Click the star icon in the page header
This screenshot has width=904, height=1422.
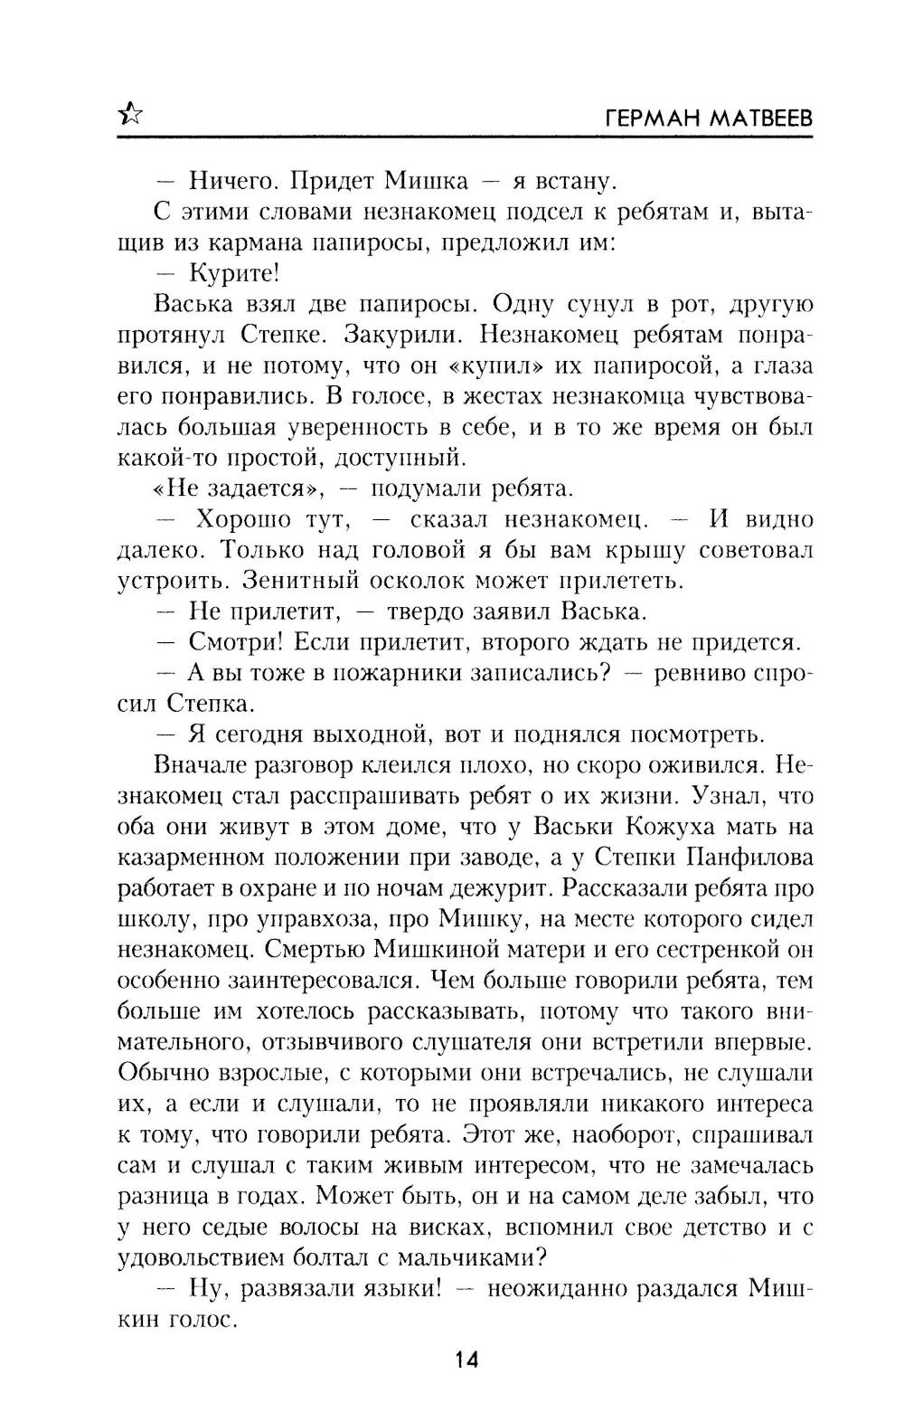coord(130,113)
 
